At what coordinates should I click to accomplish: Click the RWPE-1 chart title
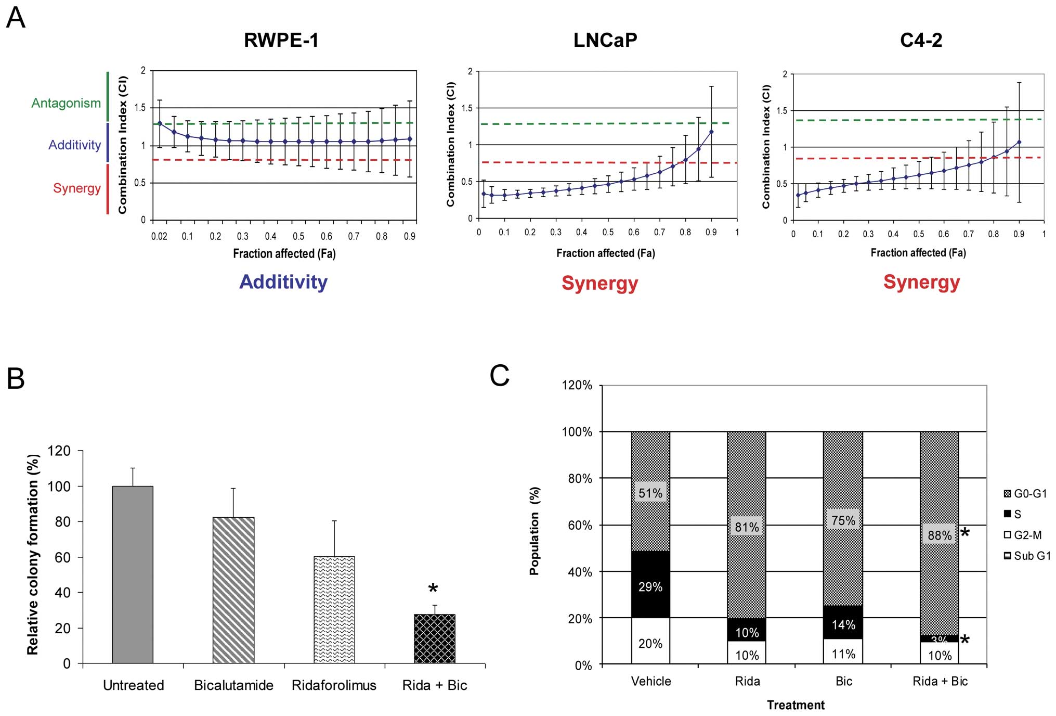pyautogui.click(x=281, y=40)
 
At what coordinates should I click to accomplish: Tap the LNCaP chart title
pyautogui.click(x=605, y=40)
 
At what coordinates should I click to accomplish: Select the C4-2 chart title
pyautogui.click(x=921, y=40)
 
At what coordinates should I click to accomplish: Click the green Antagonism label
pyautogui.click(x=66, y=103)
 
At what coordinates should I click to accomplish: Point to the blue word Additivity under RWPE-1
pyautogui.click(x=283, y=282)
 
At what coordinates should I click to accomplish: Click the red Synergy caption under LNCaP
pyautogui.click(x=599, y=283)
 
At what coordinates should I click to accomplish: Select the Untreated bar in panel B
pyautogui.click(x=133, y=574)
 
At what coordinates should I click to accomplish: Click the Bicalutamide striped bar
pyautogui.click(x=233, y=590)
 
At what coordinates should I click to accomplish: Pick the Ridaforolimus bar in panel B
pyautogui.click(x=334, y=609)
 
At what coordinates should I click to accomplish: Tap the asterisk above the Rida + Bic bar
pyautogui.click(x=433, y=589)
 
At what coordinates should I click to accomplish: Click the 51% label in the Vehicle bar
pyautogui.click(x=650, y=493)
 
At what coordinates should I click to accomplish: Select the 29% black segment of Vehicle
pyautogui.click(x=650, y=586)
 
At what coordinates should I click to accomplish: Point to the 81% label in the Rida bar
pyautogui.click(x=747, y=527)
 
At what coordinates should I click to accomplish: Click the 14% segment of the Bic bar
pyautogui.click(x=843, y=624)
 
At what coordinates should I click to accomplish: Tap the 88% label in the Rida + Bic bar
pyautogui.click(x=940, y=535)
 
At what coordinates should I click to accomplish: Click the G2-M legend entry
pyautogui.click(x=1022, y=535)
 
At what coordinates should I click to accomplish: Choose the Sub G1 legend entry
pyautogui.click(x=1026, y=556)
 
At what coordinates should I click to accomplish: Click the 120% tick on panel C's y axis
pyautogui.click(x=577, y=385)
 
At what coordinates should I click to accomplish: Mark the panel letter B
pyautogui.click(x=16, y=378)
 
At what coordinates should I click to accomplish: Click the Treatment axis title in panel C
pyautogui.click(x=796, y=705)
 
